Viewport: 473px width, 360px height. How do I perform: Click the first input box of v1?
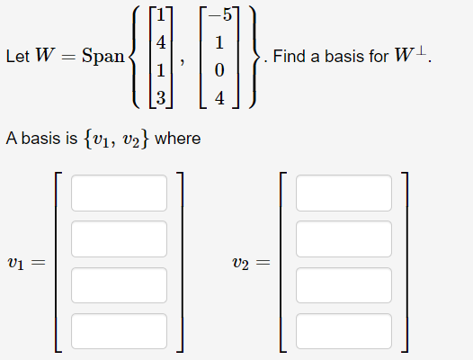pos(120,193)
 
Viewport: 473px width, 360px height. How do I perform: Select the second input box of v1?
pos(120,238)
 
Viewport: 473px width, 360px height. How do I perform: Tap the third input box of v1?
pos(120,284)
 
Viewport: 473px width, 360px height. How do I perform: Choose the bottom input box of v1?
pos(120,330)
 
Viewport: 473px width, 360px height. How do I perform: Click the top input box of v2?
pos(344,193)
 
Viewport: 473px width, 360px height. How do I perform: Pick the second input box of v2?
pos(344,238)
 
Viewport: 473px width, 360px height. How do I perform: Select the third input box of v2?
pos(344,284)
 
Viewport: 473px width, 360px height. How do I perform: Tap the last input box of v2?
pos(344,330)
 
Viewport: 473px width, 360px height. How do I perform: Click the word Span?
pos(102,56)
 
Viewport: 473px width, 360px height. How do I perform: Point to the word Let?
pos(17,57)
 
